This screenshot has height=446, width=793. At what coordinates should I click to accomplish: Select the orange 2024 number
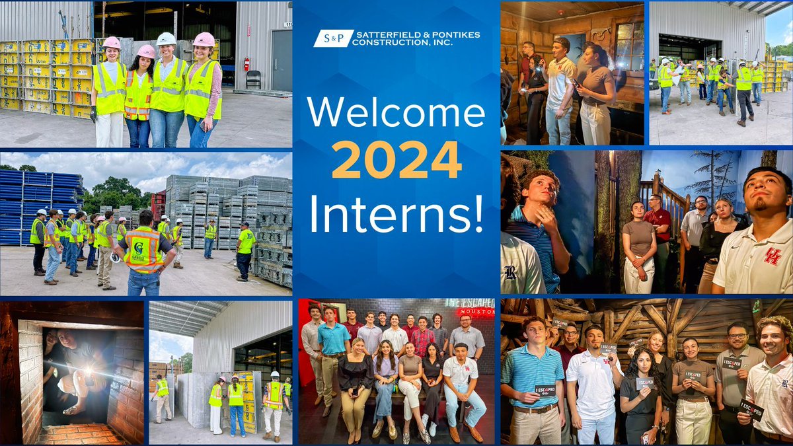click(396, 161)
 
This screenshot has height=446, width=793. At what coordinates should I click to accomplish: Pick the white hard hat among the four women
click(167, 39)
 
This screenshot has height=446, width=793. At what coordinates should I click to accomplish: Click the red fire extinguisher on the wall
click(246, 63)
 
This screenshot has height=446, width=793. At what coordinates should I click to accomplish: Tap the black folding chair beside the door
click(253, 79)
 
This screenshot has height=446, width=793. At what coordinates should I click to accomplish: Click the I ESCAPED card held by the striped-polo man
click(545, 390)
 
